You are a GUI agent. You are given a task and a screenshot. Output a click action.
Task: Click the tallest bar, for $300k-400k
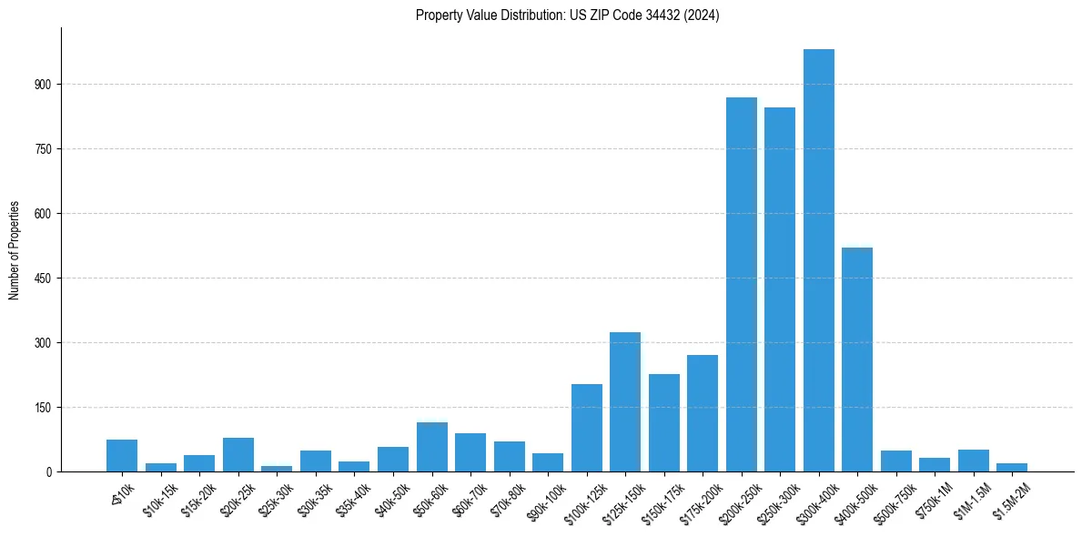(x=819, y=260)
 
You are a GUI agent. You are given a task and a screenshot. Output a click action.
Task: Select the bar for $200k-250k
(x=742, y=284)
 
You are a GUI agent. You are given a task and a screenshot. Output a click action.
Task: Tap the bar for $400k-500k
(x=857, y=360)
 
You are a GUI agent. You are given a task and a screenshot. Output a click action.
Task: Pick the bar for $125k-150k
(x=625, y=401)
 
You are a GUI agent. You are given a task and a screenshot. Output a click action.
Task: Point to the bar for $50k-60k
(x=432, y=447)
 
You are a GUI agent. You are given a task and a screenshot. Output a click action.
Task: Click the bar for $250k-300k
(x=780, y=289)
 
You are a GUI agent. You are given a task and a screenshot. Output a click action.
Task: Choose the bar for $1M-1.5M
(x=974, y=461)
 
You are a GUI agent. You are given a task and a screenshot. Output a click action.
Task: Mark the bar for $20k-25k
(x=238, y=454)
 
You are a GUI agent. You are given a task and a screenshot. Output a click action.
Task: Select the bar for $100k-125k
(x=587, y=428)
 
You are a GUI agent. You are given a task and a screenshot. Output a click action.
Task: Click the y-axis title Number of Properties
(x=15, y=250)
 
